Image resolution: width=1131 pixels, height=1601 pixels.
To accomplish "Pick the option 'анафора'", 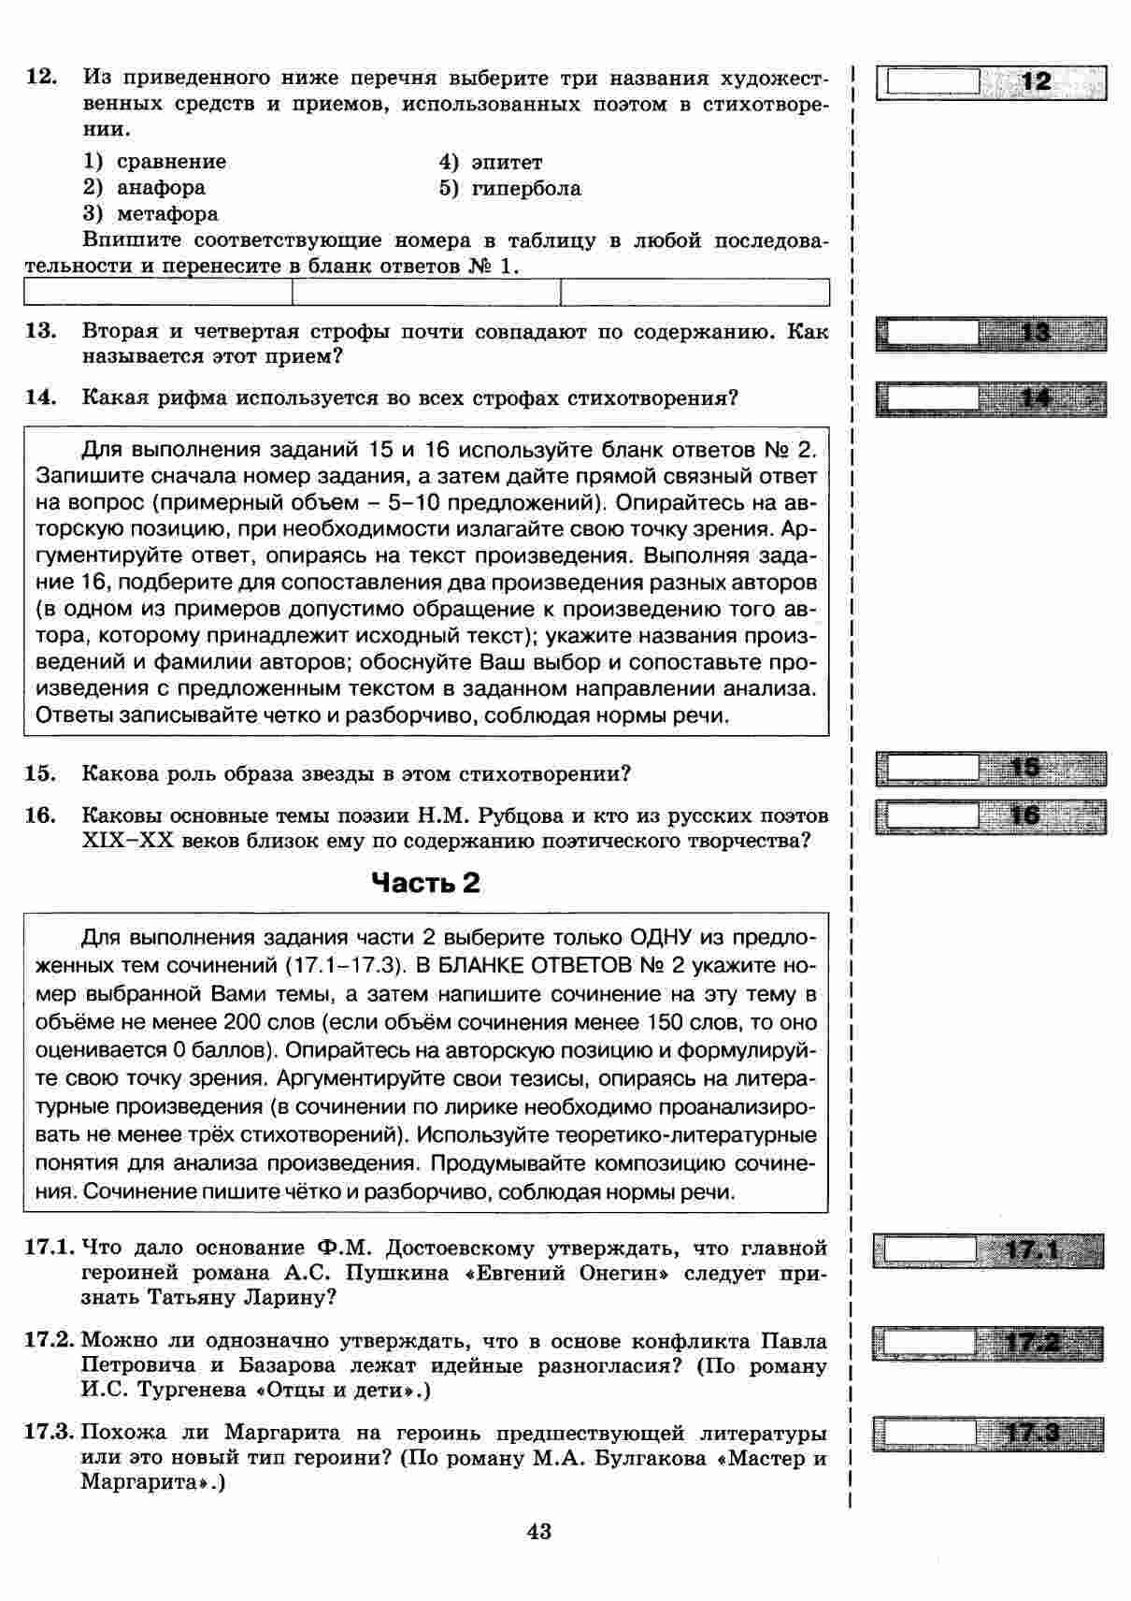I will tap(161, 188).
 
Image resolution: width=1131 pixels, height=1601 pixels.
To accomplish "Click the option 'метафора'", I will tap(167, 214).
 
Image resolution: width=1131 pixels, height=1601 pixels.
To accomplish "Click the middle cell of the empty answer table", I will tap(426, 293).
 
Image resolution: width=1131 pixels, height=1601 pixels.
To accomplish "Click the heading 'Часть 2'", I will tap(425, 883).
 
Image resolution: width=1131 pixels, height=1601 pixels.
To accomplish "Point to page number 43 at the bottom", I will tap(539, 1531).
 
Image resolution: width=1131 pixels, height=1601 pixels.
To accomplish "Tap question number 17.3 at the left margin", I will tap(49, 1432).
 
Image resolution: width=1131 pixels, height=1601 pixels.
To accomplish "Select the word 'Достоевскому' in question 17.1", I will tap(459, 1248).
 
